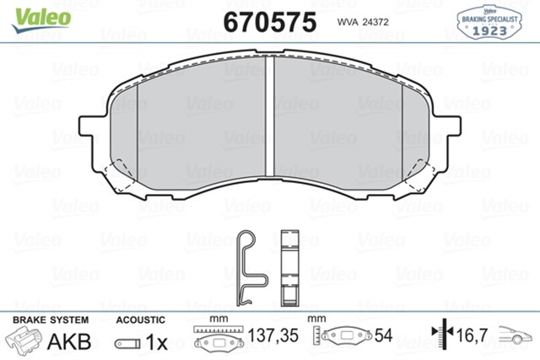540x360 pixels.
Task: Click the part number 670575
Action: [x=270, y=20]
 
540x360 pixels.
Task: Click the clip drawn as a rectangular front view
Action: [x=289, y=266]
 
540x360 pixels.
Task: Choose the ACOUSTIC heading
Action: [x=139, y=320]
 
